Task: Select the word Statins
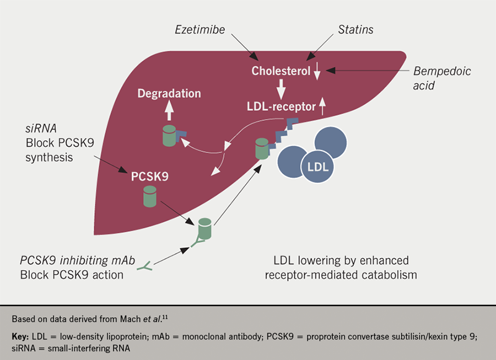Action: pyautogui.click(x=356, y=29)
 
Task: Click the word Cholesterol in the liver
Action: pyautogui.click(x=281, y=71)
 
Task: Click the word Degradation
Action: pyautogui.click(x=169, y=94)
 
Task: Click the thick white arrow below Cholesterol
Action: pyautogui.click(x=281, y=89)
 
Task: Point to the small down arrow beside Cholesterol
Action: pyautogui.click(x=317, y=72)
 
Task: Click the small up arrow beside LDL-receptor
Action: pyautogui.click(x=322, y=107)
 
